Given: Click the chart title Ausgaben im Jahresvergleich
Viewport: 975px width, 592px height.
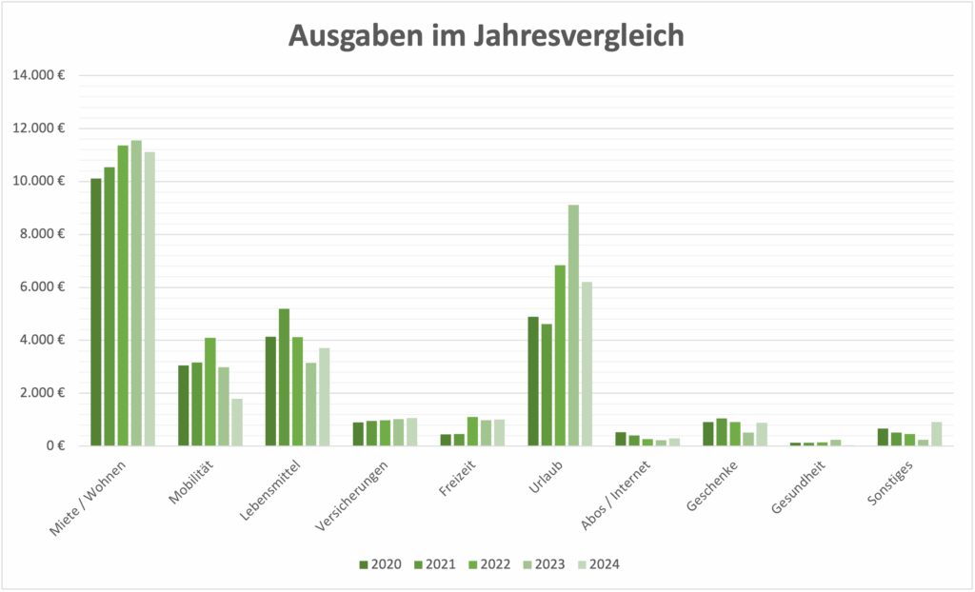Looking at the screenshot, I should pos(487,35).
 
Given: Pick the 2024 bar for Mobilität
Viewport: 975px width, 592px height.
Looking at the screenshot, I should pos(237,423).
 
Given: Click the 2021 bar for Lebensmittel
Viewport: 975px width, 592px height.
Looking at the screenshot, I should pos(285,377).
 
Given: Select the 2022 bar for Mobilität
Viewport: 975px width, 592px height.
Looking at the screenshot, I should pos(210,392).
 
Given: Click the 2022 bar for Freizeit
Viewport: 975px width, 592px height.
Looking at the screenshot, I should pos(472,431).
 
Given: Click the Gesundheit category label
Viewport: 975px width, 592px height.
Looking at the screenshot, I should pos(797,488).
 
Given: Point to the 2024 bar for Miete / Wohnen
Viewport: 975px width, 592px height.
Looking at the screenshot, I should pos(149,299).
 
